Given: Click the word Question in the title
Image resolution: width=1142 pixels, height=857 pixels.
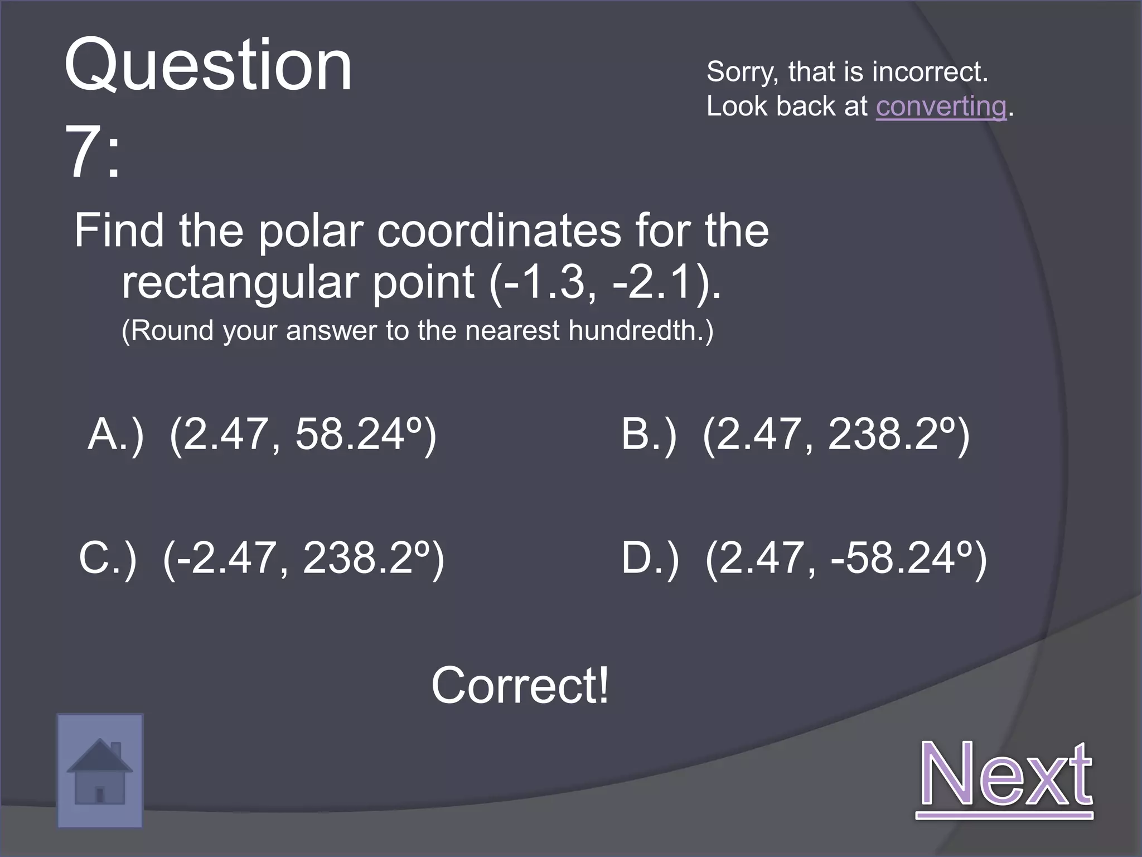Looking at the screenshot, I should point(208,66).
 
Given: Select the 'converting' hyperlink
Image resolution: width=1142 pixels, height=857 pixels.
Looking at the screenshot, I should point(941,106).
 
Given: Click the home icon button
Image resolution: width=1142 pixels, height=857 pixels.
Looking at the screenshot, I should point(100,771).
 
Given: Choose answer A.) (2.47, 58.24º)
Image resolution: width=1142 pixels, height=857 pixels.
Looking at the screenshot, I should point(262,435).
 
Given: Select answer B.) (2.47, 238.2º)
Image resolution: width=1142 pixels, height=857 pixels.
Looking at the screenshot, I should point(795,435).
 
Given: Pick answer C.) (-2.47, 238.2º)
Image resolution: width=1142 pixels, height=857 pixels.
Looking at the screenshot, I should point(262,557).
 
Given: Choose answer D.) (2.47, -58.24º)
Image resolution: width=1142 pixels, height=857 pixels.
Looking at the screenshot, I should point(804,557).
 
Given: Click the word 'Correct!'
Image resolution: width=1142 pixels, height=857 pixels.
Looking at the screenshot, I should point(520,686).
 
